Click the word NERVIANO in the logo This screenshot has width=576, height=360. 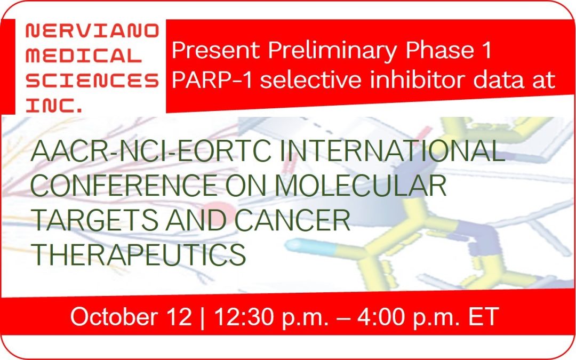click(x=92, y=31)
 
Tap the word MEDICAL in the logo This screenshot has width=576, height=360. click(x=84, y=55)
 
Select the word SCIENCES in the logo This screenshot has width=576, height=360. click(x=92, y=80)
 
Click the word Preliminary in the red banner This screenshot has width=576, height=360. click(x=333, y=51)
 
